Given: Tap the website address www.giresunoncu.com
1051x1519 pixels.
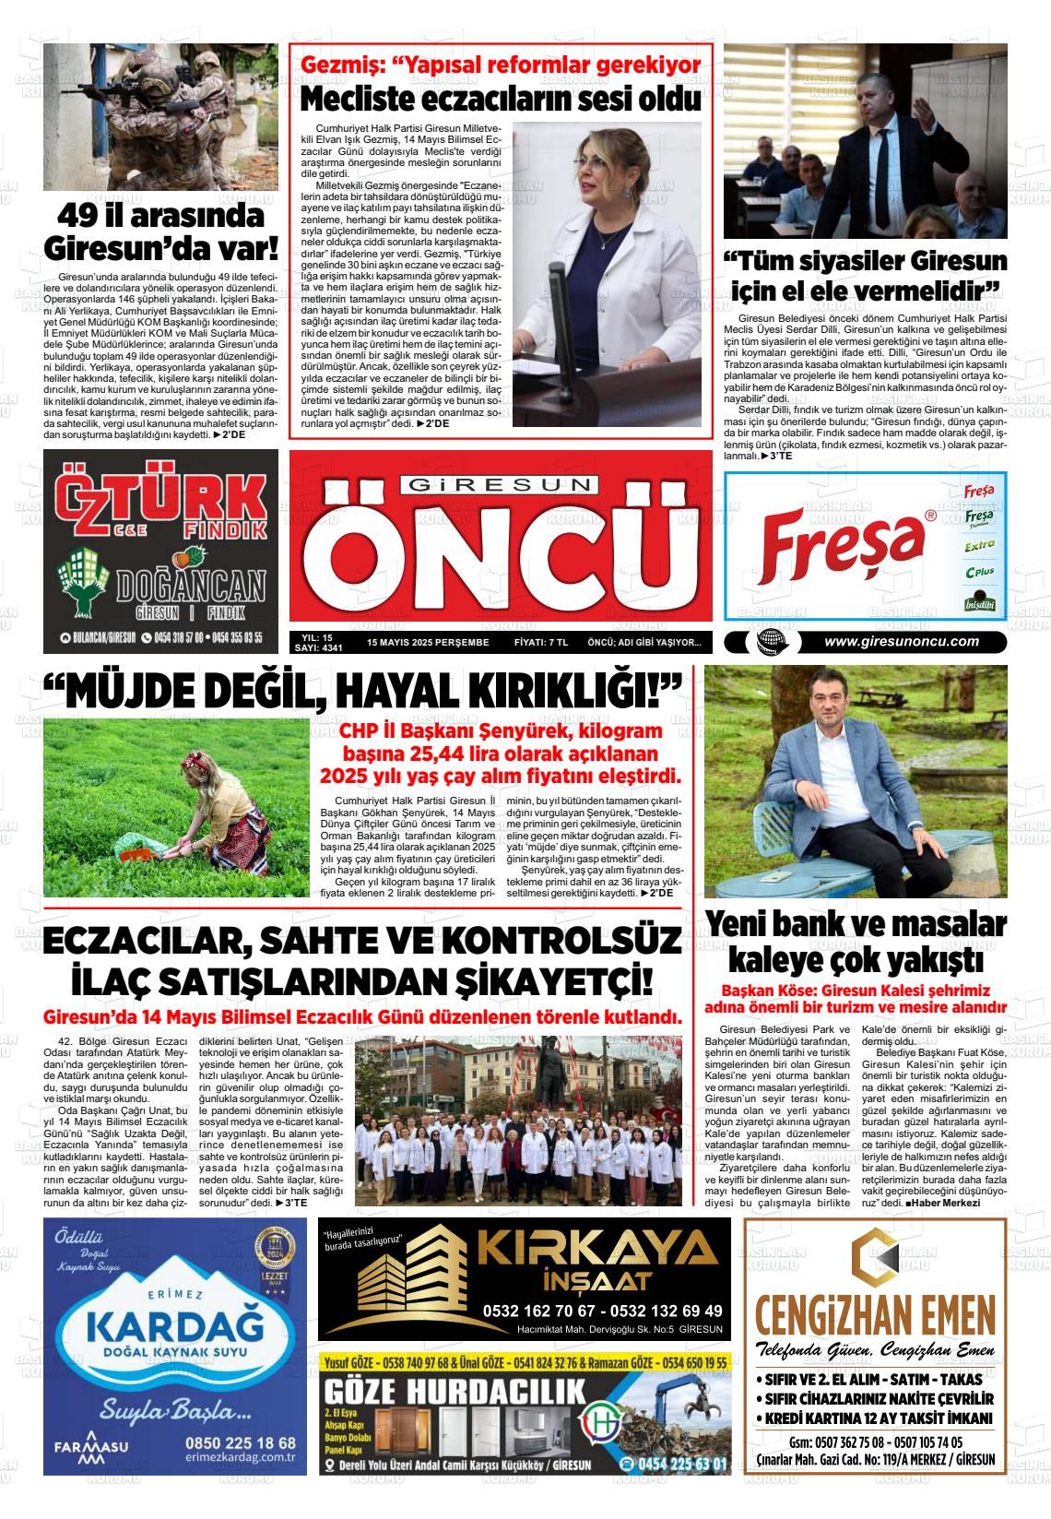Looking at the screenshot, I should point(901,642).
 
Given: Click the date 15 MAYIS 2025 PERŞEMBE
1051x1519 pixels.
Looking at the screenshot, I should point(428,642).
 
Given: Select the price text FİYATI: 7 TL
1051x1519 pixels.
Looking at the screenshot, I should point(540,642).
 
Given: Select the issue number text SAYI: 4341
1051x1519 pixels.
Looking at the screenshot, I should point(318,648).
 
